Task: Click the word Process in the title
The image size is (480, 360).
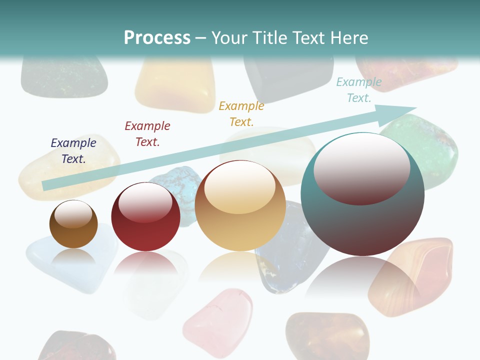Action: (157, 38)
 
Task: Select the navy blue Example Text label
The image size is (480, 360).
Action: (73, 151)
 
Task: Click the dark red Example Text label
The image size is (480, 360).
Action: (147, 134)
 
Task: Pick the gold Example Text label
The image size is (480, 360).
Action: (241, 114)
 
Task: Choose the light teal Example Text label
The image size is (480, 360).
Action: (359, 90)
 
